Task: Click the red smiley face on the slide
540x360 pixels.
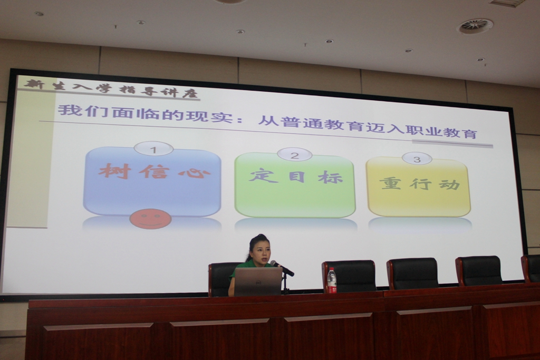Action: coord(150,219)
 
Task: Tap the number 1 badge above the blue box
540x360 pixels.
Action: coord(153,149)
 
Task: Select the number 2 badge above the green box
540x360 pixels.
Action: coord(294,155)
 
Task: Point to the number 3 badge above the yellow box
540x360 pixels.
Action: coord(417,159)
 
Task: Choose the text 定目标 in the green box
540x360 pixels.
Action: coord(296,177)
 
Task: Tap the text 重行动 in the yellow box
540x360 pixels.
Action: coord(420,184)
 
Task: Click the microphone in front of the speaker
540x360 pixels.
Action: coord(282,268)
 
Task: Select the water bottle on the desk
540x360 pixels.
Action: coord(332,280)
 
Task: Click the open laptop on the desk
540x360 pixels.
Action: coord(258,281)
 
